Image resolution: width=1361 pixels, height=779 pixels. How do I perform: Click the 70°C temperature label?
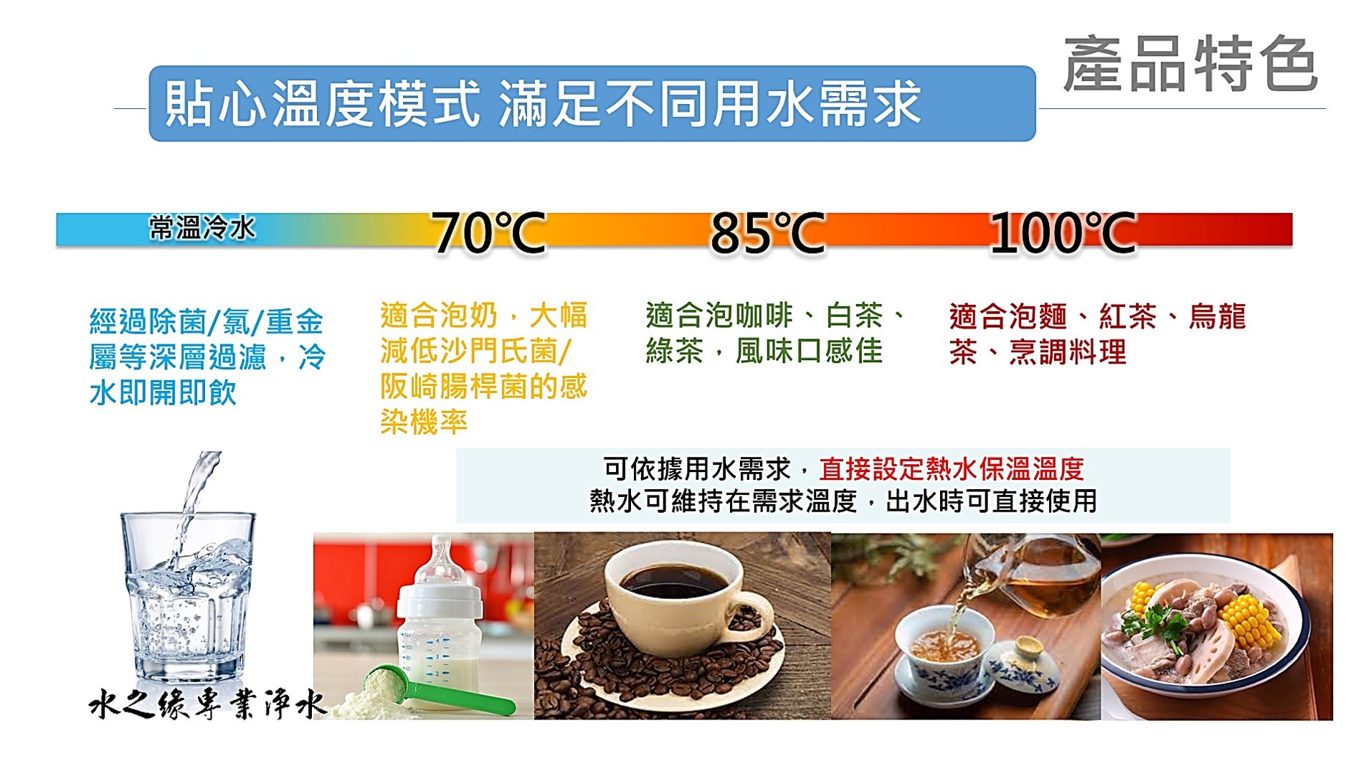pos(489,232)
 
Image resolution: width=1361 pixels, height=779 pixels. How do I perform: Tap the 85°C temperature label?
pos(767,232)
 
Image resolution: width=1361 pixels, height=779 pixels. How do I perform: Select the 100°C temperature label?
pos(1063,232)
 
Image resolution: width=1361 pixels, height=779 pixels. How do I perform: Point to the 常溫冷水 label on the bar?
pos(201,228)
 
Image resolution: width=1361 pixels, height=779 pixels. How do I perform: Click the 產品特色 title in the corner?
pos(1190,65)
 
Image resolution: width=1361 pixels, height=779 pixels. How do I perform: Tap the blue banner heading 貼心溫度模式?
pos(321,104)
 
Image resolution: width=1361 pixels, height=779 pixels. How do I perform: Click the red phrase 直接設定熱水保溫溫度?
pos(951,469)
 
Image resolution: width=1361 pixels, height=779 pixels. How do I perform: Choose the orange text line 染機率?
pos(424,422)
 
